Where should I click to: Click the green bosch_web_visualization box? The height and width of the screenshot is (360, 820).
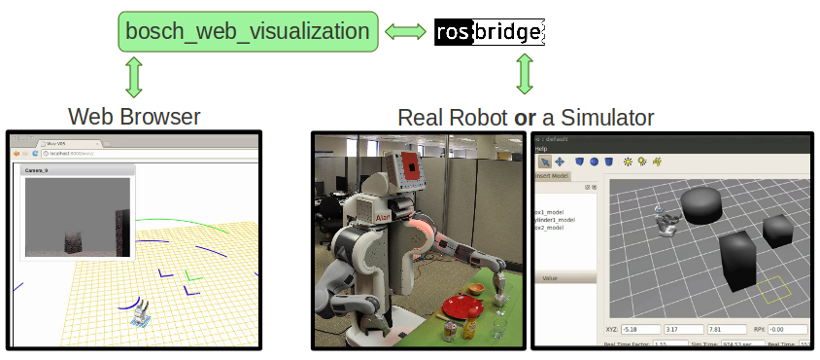247,32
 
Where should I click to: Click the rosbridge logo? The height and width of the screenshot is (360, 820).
488,32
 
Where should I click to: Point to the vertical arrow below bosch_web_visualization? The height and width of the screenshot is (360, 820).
134,77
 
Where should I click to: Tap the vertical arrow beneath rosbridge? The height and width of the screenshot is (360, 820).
525,74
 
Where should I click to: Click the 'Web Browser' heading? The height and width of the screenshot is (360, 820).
134,118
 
